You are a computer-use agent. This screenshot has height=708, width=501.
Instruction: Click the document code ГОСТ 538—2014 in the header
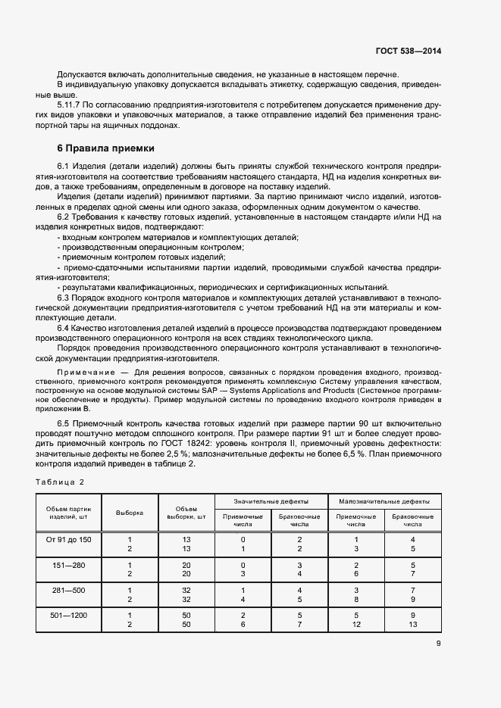[x=409, y=51]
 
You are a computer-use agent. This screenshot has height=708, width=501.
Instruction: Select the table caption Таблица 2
[x=60, y=482]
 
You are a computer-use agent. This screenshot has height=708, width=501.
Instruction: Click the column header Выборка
[x=130, y=513]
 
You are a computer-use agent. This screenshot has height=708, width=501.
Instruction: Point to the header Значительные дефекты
[x=271, y=501]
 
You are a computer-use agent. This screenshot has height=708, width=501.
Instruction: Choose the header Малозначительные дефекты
[x=384, y=501]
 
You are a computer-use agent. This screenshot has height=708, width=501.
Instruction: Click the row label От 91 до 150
[x=69, y=538]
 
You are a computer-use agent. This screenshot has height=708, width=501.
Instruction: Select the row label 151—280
[x=69, y=565]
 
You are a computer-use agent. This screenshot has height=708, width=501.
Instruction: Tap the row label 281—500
[x=69, y=591]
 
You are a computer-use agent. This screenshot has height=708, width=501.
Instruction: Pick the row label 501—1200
[x=69, y=616]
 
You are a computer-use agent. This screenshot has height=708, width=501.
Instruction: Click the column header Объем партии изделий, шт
[x=69, y=513]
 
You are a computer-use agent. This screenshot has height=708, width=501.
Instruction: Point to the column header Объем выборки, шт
[x=186, y=513]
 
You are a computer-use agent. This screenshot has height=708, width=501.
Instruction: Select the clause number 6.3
[x=64, y=298]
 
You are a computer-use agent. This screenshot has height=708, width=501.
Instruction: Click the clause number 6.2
[x=64, y=217]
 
